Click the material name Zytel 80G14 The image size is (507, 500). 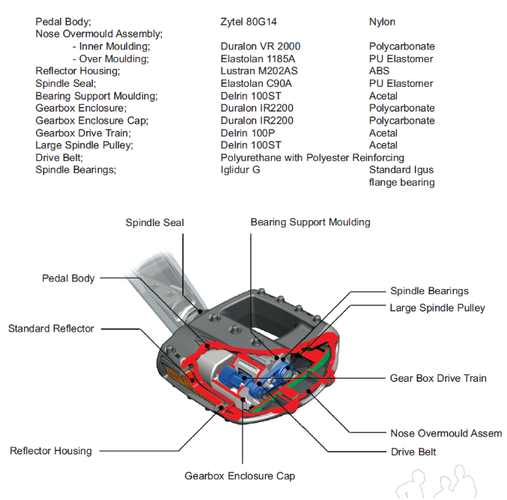click(x=250, y=22)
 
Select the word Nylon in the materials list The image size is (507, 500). click(x=383, y=22)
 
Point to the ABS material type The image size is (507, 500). click(x=380, y=71)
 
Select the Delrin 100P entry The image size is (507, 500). click(x=248, y=132)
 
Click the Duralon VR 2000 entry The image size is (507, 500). click(x=261, y=46)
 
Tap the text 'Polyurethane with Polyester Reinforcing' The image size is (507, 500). click(x=312, y=157)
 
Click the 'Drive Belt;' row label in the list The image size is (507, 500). click(x=59, y=157)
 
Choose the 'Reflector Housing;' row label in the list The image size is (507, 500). click(x=78, y=71)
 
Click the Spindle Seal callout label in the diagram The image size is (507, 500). click(x=154, y=222)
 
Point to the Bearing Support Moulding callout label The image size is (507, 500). click(x=310, y=222)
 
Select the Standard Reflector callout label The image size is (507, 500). click(x=52, y=329)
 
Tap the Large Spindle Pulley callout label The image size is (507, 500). click(x=437, y=308)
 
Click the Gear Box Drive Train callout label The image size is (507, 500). click(x=438, y=378)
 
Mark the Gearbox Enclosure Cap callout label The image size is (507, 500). click(x=240, y=476)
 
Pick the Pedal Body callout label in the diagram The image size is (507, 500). click(x=68, y=278)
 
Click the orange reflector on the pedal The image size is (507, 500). click(x=173, y=371)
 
